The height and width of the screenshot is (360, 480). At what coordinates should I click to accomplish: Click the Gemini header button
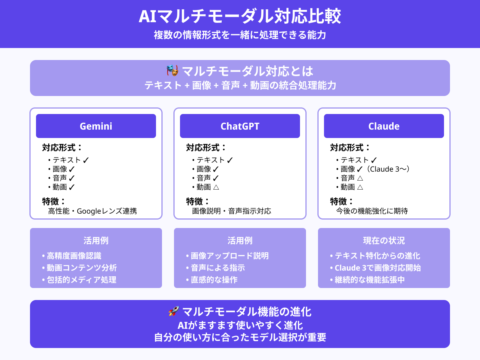96,126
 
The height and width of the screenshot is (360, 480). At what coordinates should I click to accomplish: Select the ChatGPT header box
240,126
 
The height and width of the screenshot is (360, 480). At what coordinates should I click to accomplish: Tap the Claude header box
384,126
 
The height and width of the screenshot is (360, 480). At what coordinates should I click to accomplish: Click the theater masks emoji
172,70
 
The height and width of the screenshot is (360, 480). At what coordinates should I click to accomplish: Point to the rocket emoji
174,311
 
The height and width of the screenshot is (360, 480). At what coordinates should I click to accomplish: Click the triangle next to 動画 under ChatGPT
216,187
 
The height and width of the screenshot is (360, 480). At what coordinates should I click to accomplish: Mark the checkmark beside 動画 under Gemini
72,187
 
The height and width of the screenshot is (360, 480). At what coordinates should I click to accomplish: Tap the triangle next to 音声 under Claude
360,178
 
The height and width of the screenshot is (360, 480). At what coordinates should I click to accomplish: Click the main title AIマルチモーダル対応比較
240,16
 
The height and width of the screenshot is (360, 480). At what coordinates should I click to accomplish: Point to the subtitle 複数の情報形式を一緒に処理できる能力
240,35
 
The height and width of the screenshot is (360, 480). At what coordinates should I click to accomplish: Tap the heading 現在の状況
384,240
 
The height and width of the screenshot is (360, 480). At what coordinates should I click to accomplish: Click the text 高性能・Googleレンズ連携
92,211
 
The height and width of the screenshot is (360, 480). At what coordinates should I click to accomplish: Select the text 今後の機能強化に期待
372,211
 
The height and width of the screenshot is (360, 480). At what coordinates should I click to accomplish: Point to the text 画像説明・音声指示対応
232,211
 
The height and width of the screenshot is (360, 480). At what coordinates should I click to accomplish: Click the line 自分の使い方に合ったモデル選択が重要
240,337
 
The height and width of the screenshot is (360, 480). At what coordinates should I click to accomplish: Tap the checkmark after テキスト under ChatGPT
230,160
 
